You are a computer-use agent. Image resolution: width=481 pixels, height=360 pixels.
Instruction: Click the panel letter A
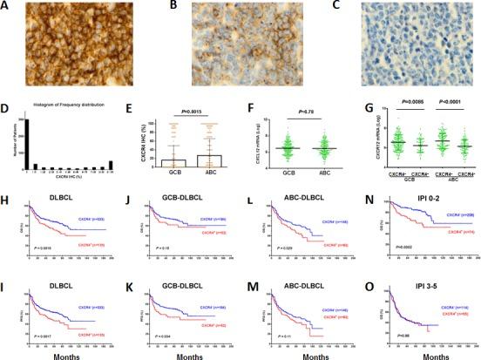6,6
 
